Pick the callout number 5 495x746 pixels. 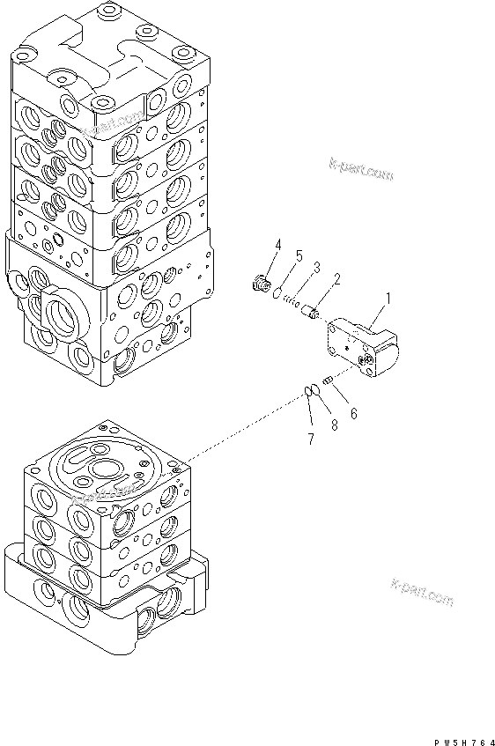point(299,255)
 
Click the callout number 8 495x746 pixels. point(334,425)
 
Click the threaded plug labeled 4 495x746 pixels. point(260,283)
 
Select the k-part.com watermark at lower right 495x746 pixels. point(421,593)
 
